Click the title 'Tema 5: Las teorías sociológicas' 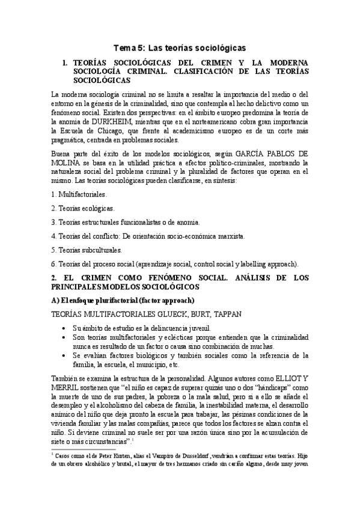click(x=180, y=48)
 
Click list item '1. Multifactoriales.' click(x=79, y=194)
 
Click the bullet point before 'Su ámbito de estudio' click(x=65, y=328)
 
